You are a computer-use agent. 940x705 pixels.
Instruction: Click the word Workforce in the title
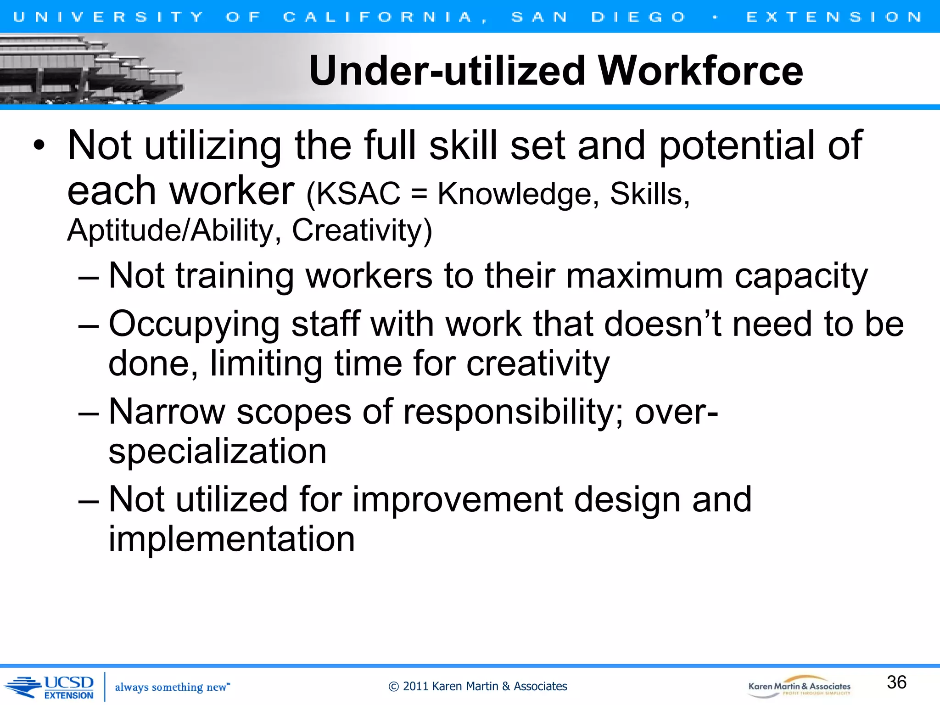click(700, 71)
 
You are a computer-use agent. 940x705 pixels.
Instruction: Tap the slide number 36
click(896, 682)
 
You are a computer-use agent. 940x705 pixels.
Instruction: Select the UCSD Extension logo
click(50, 687)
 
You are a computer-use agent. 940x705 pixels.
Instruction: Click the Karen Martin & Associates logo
click(799, 687)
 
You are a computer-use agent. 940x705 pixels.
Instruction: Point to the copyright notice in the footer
click(478, 686)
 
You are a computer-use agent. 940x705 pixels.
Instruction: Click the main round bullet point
click(39, 146)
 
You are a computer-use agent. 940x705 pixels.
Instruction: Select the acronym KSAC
click(358, 194)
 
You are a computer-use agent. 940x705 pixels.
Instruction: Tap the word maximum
click(644, 276)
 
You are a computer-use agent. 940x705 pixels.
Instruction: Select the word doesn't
click(662, 324)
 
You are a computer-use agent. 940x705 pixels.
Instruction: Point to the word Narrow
click(167, 412)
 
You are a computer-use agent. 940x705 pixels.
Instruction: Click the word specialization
click(218, 452)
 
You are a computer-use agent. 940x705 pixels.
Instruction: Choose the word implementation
click(232, 539)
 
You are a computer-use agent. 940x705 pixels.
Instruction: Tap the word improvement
click(457, 499)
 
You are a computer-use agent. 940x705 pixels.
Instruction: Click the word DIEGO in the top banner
click(638, 17)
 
